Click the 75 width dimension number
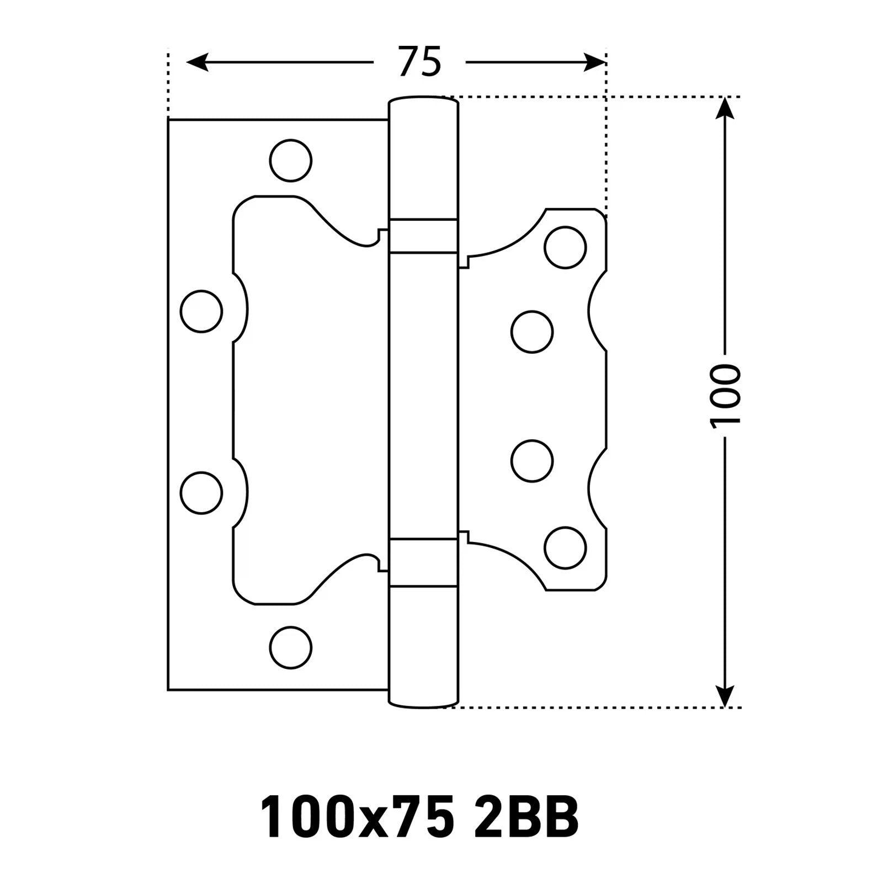[x=419, y=62]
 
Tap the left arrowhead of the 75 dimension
[x=197, y=62]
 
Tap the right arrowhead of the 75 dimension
[x=594, y=62]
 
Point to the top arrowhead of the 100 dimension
[x=725, y=108]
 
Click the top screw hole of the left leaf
[x=291, y=161]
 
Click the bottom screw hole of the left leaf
[x=291, y=647]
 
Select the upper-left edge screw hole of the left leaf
[x=201, y=311]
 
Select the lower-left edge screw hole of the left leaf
[x=201, y=493]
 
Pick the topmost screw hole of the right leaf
[x=565, y=247]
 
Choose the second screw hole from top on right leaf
[x=532, y=332]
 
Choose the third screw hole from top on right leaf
[x=532, y=461]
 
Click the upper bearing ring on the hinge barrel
[x=423, y=236]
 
